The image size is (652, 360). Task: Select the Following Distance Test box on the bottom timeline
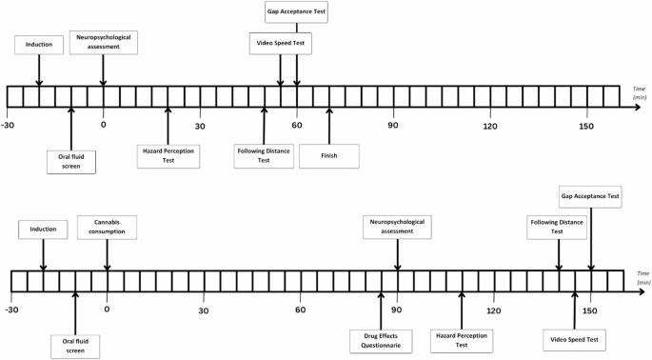point(558,227)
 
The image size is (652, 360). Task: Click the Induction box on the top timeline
point(39,44)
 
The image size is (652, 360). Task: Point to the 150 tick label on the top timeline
point(585,126)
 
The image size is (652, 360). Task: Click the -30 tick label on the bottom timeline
point(11,310)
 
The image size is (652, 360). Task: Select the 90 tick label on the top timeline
point(392,126)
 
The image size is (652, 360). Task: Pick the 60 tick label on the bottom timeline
point(301,310)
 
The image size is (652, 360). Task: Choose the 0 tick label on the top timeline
point(104,126)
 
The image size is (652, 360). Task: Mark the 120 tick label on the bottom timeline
point(493,310)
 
